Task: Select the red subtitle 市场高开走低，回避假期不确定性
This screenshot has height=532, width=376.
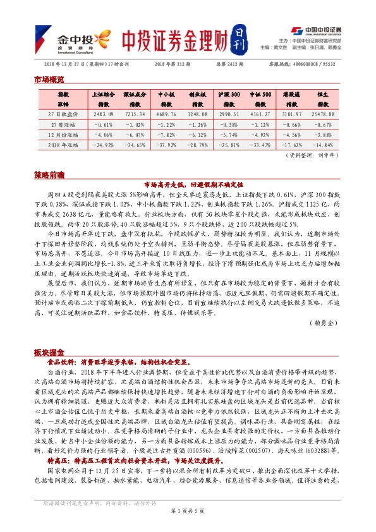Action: [x=188, y=184]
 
